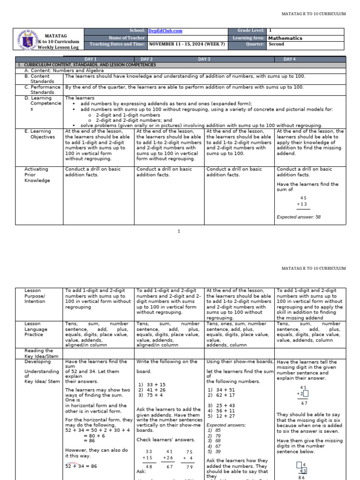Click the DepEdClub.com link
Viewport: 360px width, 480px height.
[x=165, y=31]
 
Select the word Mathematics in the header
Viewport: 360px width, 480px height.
[x=285, y=38]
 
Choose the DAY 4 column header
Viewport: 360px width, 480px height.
[x=289, y=59]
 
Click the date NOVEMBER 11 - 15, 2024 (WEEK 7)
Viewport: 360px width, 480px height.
[x=187, y=45]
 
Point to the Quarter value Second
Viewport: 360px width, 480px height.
[x=276, y=45]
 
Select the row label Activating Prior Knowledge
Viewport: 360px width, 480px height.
[x=37, y=174]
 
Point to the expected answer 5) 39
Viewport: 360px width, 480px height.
[x=214, y=452]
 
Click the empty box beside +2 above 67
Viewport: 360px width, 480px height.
[x=306, y=394]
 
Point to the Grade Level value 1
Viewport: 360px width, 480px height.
[x=270, y=31]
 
